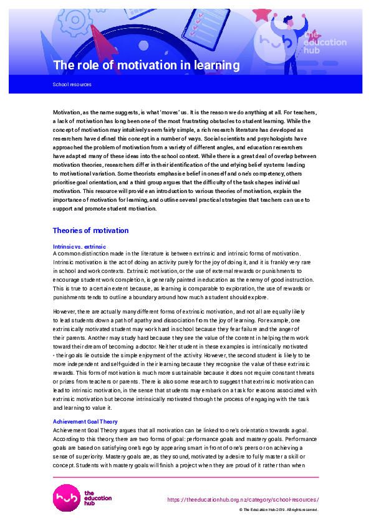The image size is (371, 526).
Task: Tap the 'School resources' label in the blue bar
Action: click(72, 84)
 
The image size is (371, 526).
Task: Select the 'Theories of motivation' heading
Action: click(90, 231)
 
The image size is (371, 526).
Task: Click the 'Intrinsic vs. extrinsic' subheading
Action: click(79, 246)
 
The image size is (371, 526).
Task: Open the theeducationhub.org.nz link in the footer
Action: click(243, 500)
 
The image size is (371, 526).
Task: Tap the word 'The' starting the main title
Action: click(63, 65)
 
